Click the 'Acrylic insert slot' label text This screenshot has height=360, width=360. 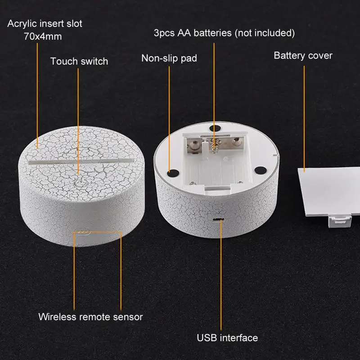coord(45,24)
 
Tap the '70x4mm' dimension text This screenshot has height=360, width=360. coord(43,37)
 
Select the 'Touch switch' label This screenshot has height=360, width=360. coord(79,61)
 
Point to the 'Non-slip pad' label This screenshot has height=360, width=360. coord(169,58)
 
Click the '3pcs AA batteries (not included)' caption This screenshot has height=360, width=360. coord(224,33)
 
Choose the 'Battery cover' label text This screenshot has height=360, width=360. coord(303,55)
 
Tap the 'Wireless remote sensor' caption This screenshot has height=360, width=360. coord(90,317)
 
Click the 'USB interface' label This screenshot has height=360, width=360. coord(227,338)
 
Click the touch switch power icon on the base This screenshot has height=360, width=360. coord(78,183)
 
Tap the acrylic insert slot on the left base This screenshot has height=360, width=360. coord(81,161)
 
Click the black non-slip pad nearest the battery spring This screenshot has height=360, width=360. coord(215,129)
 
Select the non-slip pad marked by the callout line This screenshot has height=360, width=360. coord(173,173)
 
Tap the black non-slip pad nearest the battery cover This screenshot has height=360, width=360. coord(261,171)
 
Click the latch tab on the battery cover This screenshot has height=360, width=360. coord(340,221)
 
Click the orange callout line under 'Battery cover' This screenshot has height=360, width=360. coord(304,119)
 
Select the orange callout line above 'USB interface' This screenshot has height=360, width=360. coord(221,275)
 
